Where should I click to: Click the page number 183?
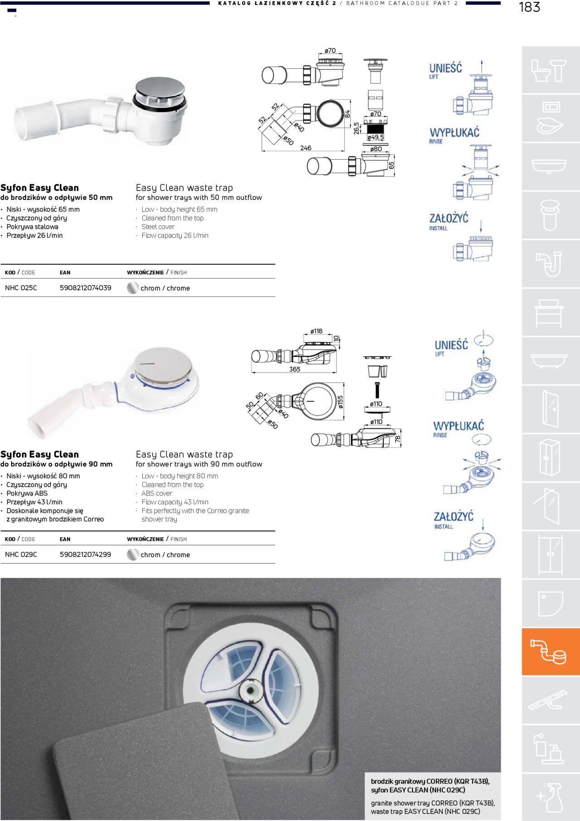[x=529, y=7]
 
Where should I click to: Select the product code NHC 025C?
[x=21, y=288]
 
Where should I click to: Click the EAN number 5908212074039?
[x=86, y=288]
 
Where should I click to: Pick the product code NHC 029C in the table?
[x=21, y=554]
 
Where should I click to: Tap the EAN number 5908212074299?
[x=86, y=554]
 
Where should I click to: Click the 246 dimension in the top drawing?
[x=305, y=148]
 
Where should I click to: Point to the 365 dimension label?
[x=295, y=369]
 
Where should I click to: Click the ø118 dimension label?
[x=317, y=331]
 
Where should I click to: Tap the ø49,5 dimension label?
[x=375, y=137]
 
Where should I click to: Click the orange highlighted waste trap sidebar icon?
[x=551, y=652]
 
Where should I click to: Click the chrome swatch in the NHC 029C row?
[x=133, y=555]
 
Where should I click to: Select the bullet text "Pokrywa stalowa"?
[x=32, y=227]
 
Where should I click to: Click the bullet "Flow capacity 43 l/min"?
[x=175, y=502]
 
